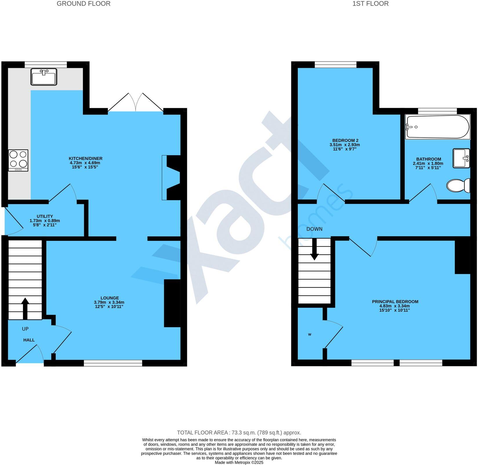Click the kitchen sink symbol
pyautogui.click(x=44, y=77)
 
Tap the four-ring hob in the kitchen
pyautogui.click(x=18, y=160)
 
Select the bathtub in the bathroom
pyautogui.click(x=437, y=127)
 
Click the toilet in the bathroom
pyautogui.click(x=458, y=186)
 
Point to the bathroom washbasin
pyautogui.click(x=461, y=158)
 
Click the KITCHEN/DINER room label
pyautogui.click(x=86, y=158)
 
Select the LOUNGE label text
pyautogui.click(x=110, y=298)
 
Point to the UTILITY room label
pyautogui.click(x=45, y=216)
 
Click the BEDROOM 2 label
pyautogui.click(x=345, y=140)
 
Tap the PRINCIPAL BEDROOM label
pyautogui.click(x=395, y=302)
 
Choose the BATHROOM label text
pyautogui.click(x=428, y=159)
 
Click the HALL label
pyautogui.click(x=29, y=340)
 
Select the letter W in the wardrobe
pyautogui.click(x=310, y=334)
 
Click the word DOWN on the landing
pyautogui.click(x=315, y=229)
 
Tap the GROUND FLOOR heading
pyautogui.click(x=83, y=4)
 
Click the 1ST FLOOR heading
pyautogui.click(x=370, y=4)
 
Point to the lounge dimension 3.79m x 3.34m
pyautogui.click(x=109, y=302)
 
